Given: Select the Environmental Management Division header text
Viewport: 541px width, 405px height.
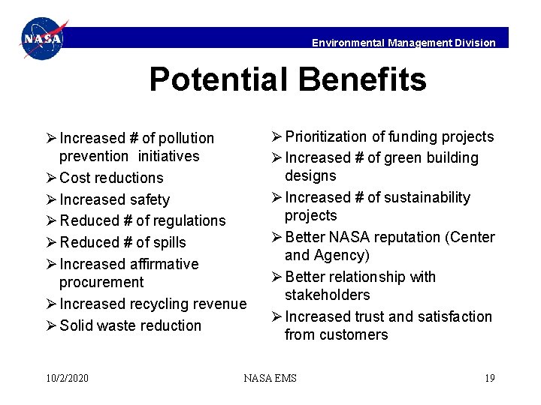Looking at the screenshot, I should click(403, 43).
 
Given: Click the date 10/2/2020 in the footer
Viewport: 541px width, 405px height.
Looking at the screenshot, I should click(67, 377).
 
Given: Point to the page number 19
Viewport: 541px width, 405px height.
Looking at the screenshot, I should click(489, 377).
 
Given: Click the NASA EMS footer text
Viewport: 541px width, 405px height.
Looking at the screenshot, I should click(270, 377).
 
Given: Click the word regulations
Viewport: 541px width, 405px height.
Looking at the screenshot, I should click(189, 220).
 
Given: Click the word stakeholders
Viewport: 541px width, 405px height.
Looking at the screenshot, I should click(328, 295).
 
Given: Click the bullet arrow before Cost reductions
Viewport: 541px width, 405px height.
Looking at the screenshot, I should click(51, 178).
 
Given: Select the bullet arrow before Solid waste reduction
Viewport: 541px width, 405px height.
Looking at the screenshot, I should click(51, 325).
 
